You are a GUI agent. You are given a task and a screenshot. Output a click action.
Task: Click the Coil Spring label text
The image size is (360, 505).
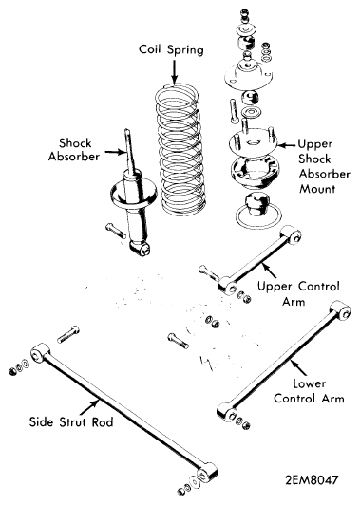pos(171,50)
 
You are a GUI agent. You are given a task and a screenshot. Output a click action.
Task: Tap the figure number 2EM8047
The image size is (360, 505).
pos(312,480)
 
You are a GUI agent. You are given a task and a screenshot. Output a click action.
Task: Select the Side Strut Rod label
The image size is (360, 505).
pos(71,421)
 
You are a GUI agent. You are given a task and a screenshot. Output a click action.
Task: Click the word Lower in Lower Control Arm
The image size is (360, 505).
pos(309,383)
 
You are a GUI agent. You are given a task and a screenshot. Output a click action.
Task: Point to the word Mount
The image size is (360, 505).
pos(317,188)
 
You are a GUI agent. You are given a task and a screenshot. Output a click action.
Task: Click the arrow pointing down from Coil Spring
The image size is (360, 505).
pos(175,72)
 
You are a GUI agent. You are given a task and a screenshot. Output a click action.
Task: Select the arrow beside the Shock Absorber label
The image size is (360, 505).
pos(115,152)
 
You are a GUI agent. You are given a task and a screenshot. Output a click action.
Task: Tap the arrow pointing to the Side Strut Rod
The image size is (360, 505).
pos(89,407)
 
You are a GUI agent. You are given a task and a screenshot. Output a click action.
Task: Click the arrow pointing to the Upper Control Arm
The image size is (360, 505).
pos(268,271)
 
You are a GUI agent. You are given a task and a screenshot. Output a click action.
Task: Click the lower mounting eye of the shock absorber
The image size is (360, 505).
pos(141,249)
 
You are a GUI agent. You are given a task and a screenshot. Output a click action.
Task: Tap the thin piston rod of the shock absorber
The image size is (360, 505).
pos(130,150)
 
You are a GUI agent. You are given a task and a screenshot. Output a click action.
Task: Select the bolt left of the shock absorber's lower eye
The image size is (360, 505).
pos(115,231)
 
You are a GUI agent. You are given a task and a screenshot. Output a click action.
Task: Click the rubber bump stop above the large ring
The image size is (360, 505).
pos(256,204)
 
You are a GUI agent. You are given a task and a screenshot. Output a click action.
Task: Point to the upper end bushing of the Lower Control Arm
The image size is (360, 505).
pos(341,309)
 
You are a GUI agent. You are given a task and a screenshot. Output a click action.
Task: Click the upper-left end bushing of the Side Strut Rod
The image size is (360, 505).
pos(41,352)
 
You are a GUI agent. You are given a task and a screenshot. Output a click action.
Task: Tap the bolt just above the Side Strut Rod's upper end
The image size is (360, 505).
pos(68,334)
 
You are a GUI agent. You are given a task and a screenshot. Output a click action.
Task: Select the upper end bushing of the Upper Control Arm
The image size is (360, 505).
pos(291,234)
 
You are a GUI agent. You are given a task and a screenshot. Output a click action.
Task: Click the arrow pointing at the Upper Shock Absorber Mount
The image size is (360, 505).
pos(287,145)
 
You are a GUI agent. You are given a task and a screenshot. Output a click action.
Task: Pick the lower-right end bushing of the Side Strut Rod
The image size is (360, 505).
pos(207,473)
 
